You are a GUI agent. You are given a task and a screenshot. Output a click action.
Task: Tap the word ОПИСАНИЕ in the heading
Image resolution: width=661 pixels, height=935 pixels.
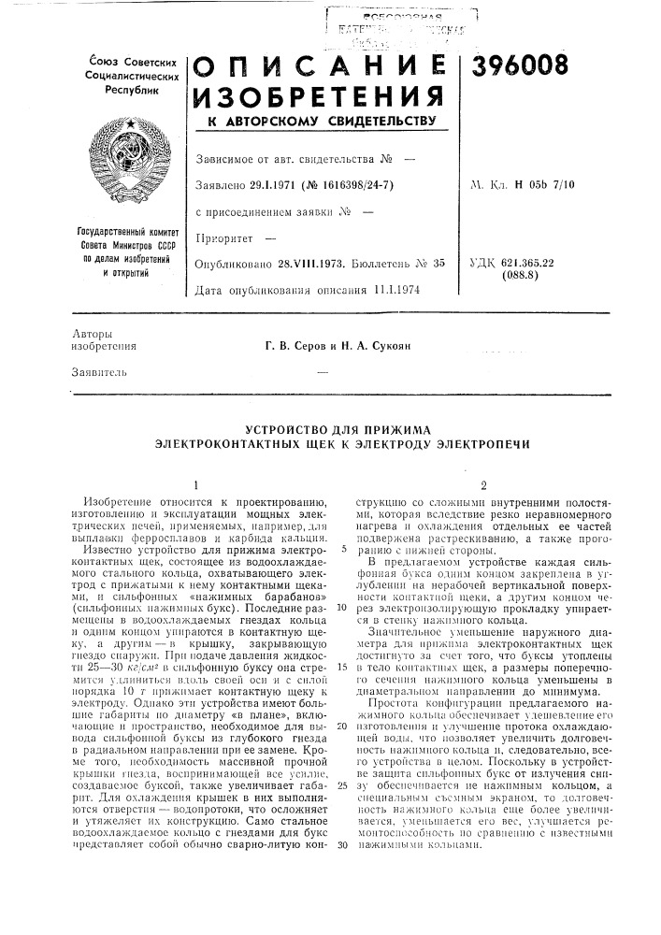click(x=323, y=61)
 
